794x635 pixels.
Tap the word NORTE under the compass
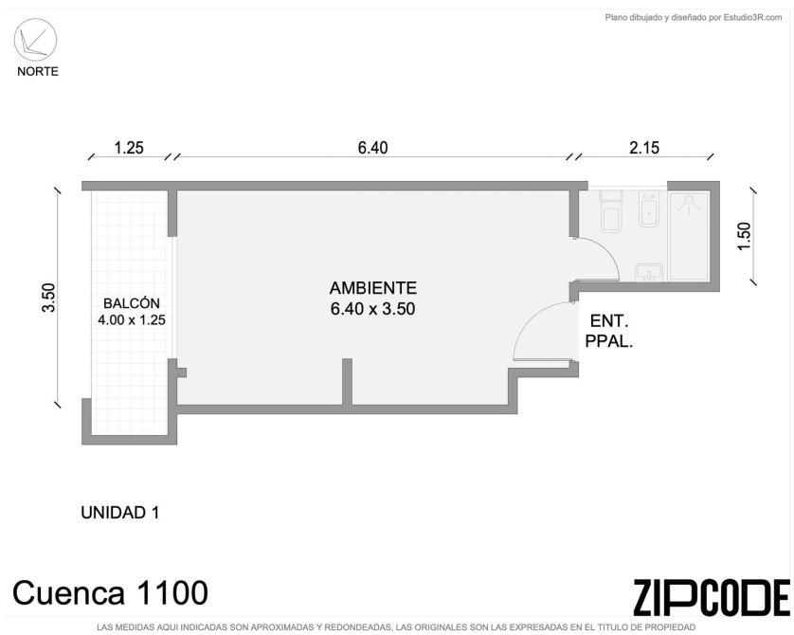[x=38, y=71]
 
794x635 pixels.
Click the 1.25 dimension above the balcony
[x=129, y=148]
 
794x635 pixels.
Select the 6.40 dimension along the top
[x=372, y=148]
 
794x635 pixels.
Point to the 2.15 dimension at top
[x=644, y=148]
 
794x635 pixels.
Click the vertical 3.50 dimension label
[x=48, y=298]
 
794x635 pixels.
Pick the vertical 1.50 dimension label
[x=745, y=236]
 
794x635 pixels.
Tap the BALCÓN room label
[x=132, y=303]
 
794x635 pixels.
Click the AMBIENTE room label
[x=373, y=288]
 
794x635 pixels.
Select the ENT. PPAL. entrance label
[x=609, y=331]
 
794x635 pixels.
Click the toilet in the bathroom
[x=611, y=211]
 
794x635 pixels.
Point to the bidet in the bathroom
[x=649, y=209]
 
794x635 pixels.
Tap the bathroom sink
[x=649, y=272]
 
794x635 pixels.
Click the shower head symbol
[x=689, y=202]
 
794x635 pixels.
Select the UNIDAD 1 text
[x=120, y=513]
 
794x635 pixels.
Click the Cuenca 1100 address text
[x=110, y=592]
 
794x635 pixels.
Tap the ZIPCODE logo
[x=712, y=597]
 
